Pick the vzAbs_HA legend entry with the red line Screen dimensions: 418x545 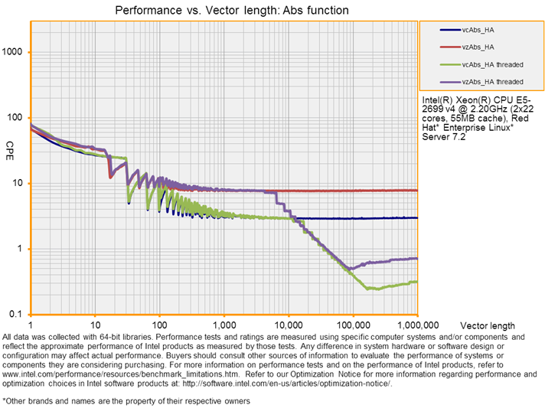(x=481, y=47)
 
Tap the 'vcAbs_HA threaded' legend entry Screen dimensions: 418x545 (x=493, y=64)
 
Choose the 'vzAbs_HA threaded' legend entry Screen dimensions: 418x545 (x=493, y=81)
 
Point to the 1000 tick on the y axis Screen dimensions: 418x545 (x=15, y=52)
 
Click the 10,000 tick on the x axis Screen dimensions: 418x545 (x=288, y=325)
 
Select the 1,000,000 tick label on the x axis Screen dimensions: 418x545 (x=416, y=325)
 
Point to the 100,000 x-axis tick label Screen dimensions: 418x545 (x=353, y=325)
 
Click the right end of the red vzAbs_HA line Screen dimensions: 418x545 (x=416, y=190)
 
